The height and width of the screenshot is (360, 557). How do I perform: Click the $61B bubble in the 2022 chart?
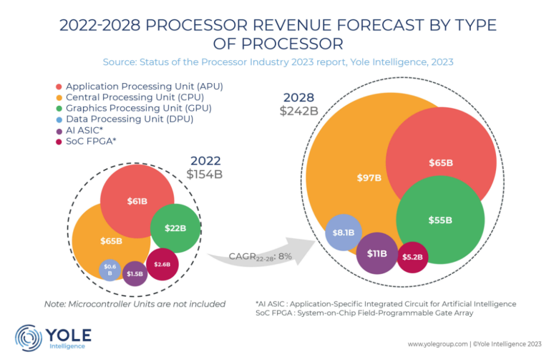[137, 201]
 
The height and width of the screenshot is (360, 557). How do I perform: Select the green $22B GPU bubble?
[175, 227]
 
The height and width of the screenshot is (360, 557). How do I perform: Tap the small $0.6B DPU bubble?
[110, 270]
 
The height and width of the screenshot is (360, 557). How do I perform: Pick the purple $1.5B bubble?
[135, 274]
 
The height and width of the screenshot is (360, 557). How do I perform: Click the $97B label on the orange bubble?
[369, 178]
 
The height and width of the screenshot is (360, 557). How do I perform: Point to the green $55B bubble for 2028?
[440, 220]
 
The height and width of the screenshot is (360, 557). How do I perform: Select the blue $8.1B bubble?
[343, 233]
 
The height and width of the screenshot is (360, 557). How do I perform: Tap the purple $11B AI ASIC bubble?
[376, 253]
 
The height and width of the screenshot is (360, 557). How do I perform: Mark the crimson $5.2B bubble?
[413, 257]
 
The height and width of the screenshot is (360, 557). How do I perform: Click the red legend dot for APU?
[59, 87]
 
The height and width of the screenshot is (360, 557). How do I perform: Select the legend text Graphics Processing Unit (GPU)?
[139, 108]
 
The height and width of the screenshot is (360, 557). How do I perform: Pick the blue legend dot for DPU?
[59, 120]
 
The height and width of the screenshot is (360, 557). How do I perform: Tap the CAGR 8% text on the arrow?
[260, 256]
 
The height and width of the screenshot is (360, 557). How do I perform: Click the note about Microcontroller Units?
[135, 304]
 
